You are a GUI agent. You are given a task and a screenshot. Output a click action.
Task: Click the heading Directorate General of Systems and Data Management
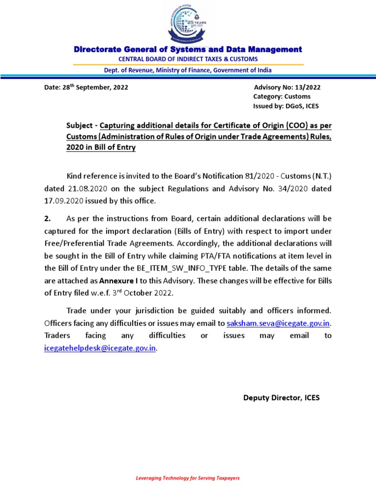(188, 49)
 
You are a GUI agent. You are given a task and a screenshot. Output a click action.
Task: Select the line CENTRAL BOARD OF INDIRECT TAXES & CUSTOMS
(188, 59)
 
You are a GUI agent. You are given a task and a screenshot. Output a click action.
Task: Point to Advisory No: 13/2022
(287, 88)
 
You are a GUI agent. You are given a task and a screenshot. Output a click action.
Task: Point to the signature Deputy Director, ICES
(282, 398)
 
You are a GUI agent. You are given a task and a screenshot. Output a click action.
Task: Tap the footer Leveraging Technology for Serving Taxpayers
(188, 478)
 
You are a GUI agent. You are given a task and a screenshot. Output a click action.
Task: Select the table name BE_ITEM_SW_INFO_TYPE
(202, 268)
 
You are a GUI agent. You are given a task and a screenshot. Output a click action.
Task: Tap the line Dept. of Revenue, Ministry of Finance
(188, 70)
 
